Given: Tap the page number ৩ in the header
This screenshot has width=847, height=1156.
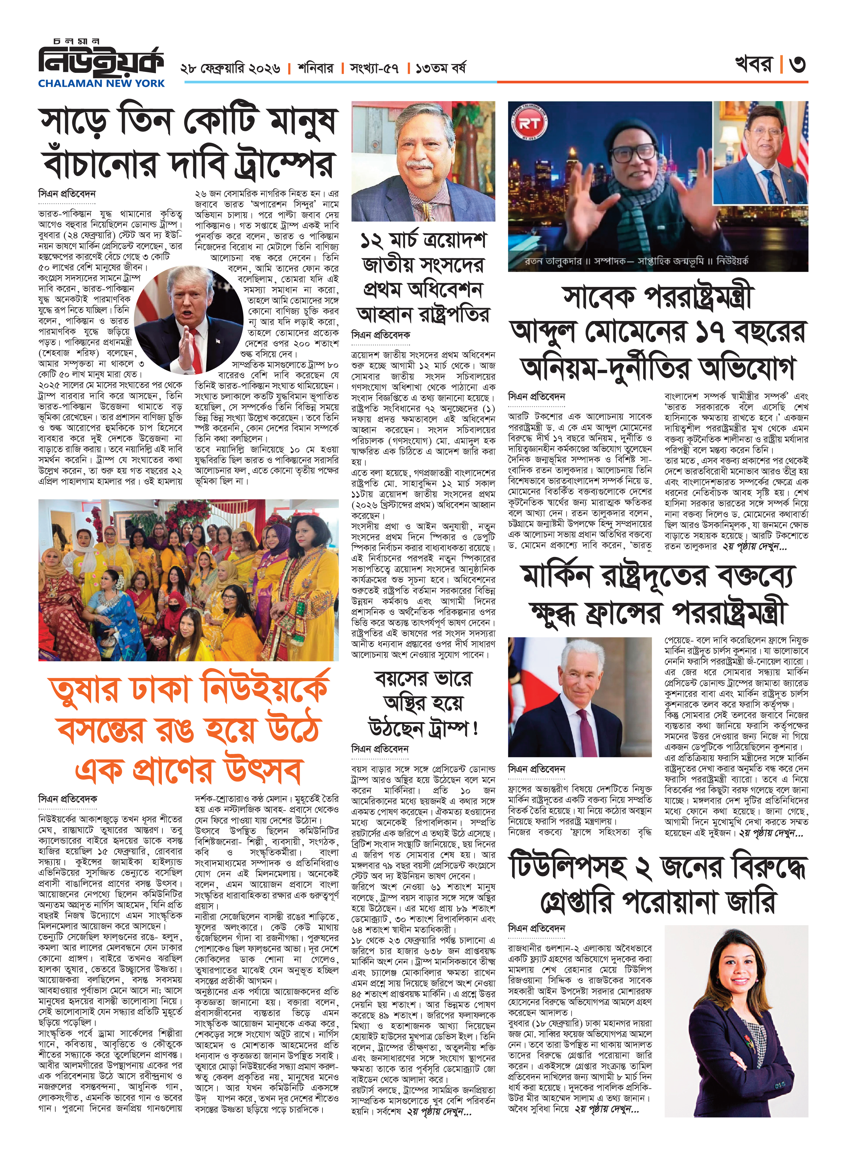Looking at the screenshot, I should pos(797,64).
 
